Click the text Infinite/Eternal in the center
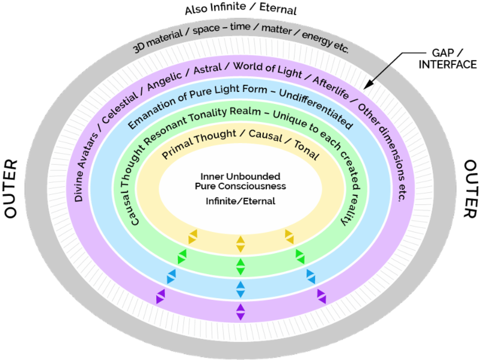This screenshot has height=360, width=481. point(240,201)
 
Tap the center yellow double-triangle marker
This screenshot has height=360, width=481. point(240,243)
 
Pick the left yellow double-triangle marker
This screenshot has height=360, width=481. point(193,236)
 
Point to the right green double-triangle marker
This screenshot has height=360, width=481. point(300,256)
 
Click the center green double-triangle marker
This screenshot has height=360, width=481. point(240,266)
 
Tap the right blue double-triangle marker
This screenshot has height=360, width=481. point(311,276)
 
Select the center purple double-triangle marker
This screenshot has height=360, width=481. point(240,312)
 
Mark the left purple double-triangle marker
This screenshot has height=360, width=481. point(160,296)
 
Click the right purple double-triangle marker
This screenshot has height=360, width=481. point(321,296)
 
